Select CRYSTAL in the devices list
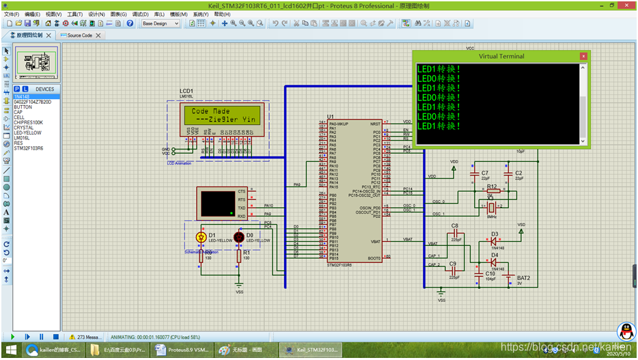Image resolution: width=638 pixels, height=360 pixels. (23, 127)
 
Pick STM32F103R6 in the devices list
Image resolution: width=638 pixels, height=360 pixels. (28, 148)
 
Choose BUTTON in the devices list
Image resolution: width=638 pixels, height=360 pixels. (23, 107)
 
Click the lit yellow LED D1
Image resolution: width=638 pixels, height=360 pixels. (201, 237)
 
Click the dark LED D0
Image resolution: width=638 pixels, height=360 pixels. (238, 237)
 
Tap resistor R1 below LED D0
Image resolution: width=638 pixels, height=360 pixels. (238, 256)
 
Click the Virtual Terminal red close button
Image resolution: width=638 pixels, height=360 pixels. (583, 56)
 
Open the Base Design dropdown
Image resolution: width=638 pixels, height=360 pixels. (161, 23)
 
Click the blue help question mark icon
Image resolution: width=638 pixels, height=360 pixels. (130, 23)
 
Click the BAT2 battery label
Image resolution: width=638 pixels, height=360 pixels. (523, 278)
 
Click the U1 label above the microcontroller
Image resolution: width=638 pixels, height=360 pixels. (331, 116)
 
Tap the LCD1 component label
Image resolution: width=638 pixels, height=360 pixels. (186, 91)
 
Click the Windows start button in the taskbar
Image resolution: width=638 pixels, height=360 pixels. (10, 350)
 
